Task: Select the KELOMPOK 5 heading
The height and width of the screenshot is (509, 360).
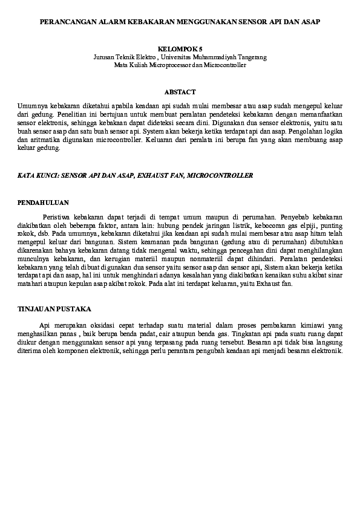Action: pos(180,48)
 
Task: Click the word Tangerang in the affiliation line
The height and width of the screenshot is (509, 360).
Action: pos(252,56)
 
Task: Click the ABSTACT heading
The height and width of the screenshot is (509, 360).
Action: pos(180,92)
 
